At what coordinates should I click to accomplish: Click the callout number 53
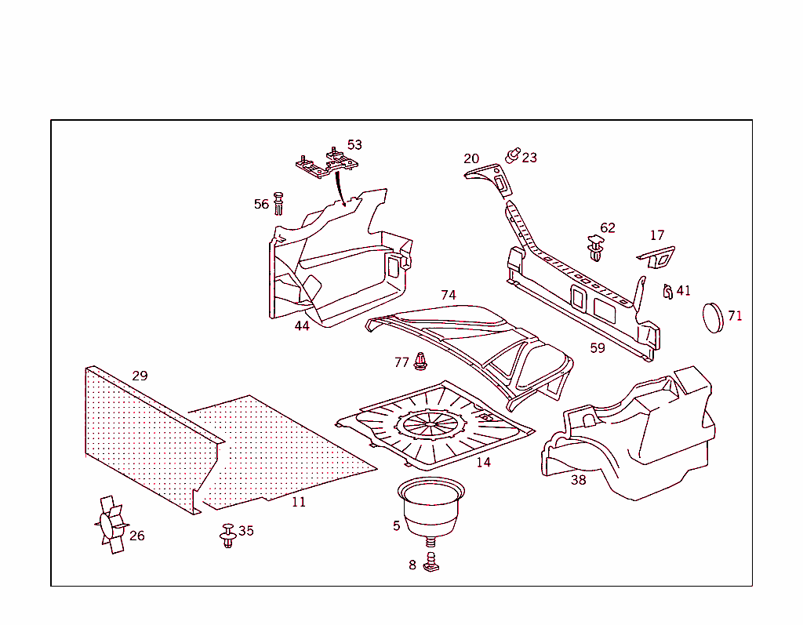[x=354, y=145]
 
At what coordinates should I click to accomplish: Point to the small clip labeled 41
[x=667, y=292]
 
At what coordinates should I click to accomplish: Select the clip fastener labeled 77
[x=420, y=362]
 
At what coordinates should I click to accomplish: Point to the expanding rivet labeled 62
[x=596, y=249]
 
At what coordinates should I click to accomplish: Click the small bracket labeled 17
[x=656, y=256]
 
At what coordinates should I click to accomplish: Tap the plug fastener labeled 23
[x=514, y=154]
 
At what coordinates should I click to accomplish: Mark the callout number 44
[x=302, y=326]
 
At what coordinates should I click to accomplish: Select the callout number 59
[x=598, y=348]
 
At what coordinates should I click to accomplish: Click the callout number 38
[x=578, y=480]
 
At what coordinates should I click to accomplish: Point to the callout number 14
[x=484, y=463]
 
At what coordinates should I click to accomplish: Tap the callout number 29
[x=140, y=376]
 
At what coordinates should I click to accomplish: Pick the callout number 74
[x=448, y=296]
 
